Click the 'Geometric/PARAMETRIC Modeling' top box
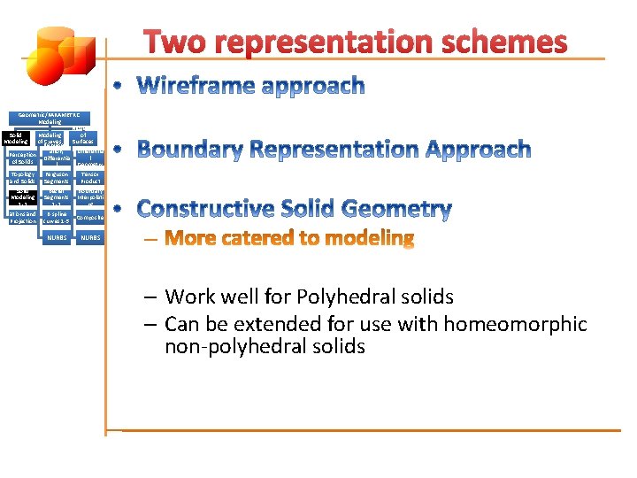tap(50, 118)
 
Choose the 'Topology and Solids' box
tap(22, 178)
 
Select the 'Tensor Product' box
tap(90, 178)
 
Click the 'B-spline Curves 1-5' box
tap(56, 217)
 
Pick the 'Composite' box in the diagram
tap(90, 217)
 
